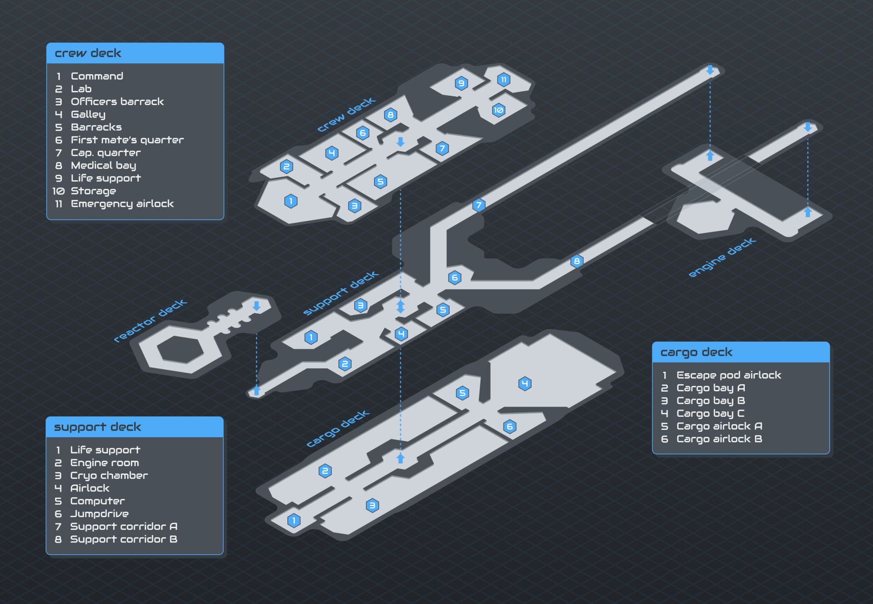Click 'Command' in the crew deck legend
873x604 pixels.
[97, 76]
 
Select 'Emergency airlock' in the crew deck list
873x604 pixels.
[122, 204]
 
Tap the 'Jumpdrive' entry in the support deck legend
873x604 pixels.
[100, 514]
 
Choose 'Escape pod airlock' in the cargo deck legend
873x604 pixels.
[729, 375]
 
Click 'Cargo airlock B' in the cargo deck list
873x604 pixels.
[719, 439]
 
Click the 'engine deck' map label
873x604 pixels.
[722, 257]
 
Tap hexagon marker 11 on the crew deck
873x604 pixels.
[503, 80]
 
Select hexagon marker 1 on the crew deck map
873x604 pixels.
[291, 201]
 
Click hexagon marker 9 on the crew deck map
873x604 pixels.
[462, 83]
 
